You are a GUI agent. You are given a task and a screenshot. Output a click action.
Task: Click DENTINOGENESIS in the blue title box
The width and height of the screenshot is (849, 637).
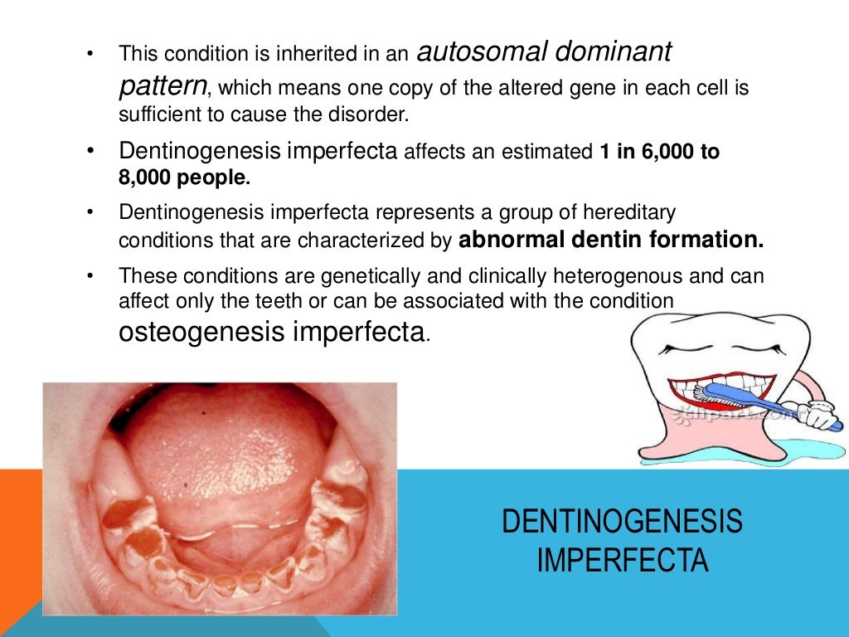[x=622, y=523]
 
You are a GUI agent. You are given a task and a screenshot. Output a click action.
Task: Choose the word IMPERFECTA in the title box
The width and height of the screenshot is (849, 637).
[x=622, y=561]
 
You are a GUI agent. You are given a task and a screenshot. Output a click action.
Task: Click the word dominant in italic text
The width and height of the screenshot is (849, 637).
[x=614, y=53]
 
